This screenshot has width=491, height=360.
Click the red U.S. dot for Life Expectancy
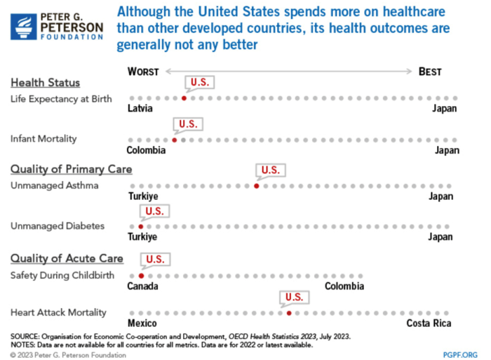pyautogui.click(x=184, y=98)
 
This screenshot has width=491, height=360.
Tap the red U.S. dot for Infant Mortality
pyautogui.click(x=175, y=140)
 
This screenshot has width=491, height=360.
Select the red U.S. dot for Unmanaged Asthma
pyautogui.click(x=256, y=186)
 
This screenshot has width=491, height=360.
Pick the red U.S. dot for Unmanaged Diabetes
pyautogui.click(x=140, y=227)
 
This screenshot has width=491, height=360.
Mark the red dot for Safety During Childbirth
pyautogui.click(x=141, y=276)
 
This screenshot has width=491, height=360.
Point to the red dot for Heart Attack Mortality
pyautogui.click(x=289, y=313)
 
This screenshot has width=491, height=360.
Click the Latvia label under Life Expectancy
pyautogui.click(x=140, y=109)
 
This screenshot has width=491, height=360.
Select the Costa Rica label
pyautogui.click(x=429, y=324)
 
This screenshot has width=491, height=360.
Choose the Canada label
pyautogui.click(x=142, y=286)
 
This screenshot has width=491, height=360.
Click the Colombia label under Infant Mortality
pyautogui.click(x=146, y=150)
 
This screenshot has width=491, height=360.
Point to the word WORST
pyautogui.click(x=144, y=72)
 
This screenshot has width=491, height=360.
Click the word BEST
pyautogui.click(x=430, y=72)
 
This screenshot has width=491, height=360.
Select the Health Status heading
pyautogui.click(x=45, y=83)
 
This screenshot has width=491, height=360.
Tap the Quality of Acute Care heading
pyautogui.click(x=67, y=258)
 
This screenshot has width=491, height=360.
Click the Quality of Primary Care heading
pyautogui.click(x=71, y=169)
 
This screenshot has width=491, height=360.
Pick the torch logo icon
pyautogui.click(x=25, y=27)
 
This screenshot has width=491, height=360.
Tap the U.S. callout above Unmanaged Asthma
pyautogui.click(x=270, y=171)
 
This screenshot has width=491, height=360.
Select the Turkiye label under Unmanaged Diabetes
pyautogui.click(x=142, y=237)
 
